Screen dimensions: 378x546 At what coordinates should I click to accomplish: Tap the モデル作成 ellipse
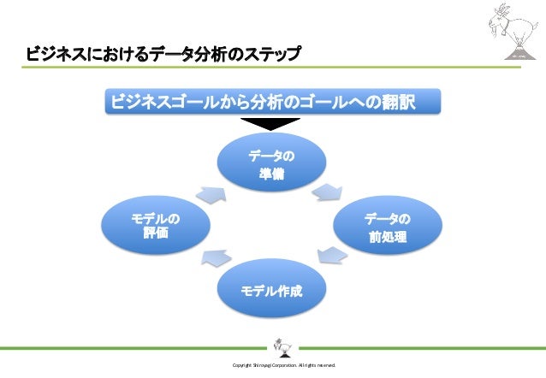pos(272,291)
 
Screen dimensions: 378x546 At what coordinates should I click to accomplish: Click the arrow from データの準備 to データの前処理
pos(328,190)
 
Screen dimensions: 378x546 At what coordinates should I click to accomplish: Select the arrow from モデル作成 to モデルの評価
pos(215,257)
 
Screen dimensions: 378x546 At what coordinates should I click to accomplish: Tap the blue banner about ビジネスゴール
pos(272,103)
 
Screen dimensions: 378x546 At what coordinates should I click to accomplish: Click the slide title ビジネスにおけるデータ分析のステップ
pos(163,56)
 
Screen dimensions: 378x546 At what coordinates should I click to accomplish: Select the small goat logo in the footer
pos(281,346)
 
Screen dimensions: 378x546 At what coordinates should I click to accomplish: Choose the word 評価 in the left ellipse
pos(155,235)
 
